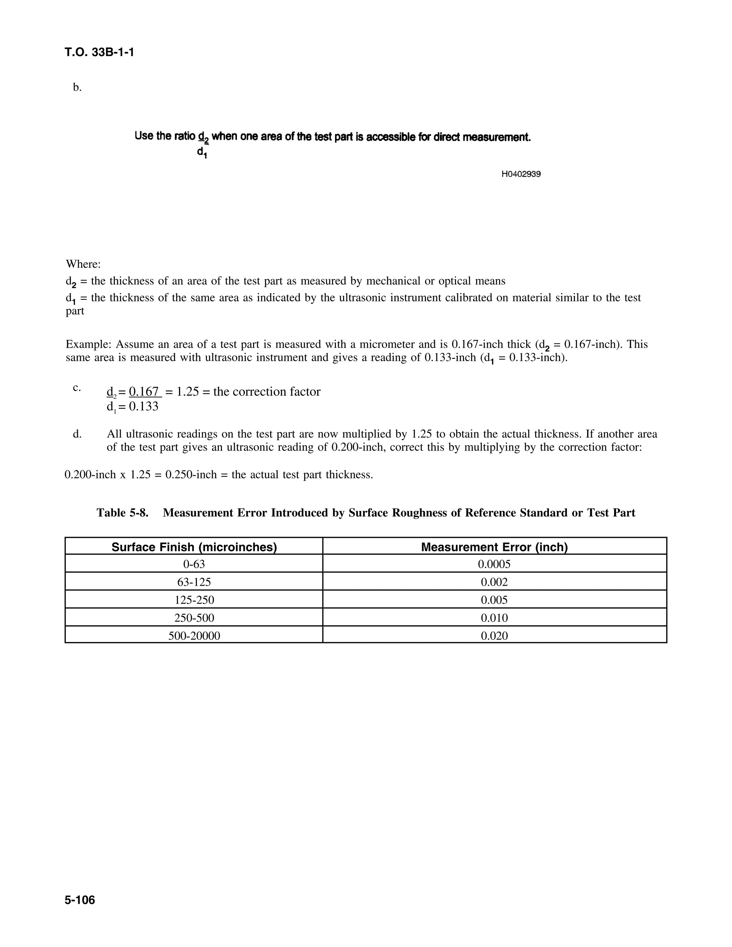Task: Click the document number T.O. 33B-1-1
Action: [99, 53]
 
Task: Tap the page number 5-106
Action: [80, 900]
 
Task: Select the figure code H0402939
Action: [521, 174]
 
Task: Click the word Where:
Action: [83, 264]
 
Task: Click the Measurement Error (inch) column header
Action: [494, 547]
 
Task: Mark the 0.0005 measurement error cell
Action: [494, 564]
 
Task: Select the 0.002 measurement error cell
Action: [494, 582]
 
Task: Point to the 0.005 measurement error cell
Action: [494, 600]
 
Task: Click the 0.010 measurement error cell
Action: [494, 618]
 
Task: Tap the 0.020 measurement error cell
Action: [494, 636]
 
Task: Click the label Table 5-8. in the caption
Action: [122, 513]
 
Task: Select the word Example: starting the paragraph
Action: [89, 344]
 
